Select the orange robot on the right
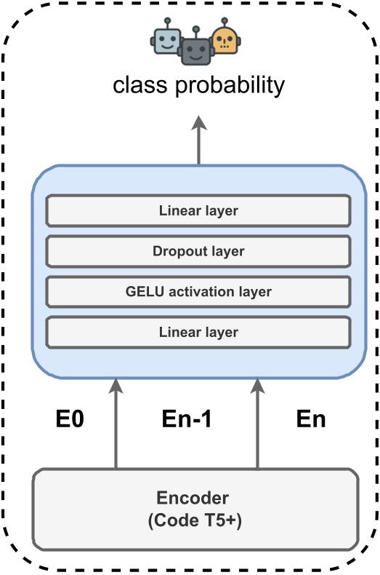point(224,41)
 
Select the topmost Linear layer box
point(198,211)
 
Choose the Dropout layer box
point(198,251)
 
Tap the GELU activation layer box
point(198,291)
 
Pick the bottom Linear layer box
point(198,332)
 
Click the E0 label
point(70,420)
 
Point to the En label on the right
point(311,420)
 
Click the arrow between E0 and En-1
point(116,426)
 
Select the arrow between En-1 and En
point(256,426)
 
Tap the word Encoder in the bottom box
point(193,499)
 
